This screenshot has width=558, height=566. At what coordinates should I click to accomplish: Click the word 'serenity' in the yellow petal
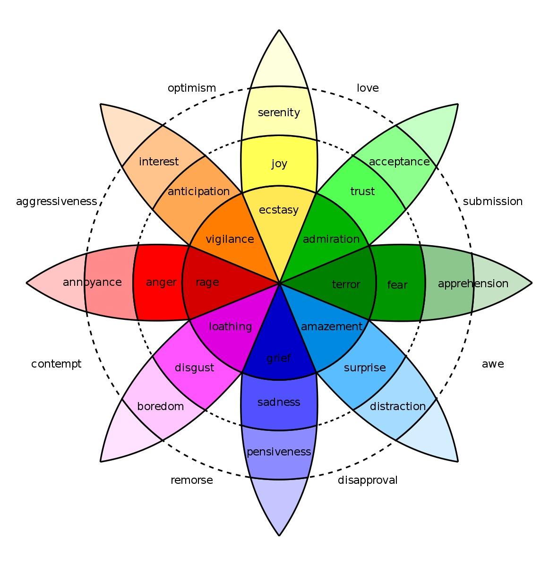pyautogui.click(x=279, y=112)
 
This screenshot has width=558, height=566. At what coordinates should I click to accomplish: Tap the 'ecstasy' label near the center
pyautogui.click(x=279, y=209)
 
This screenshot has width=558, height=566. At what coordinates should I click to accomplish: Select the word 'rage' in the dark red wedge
pyautogui.click(x=207, y=283)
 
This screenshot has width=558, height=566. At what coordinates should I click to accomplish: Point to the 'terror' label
pyautogui.click(x=346, y=284)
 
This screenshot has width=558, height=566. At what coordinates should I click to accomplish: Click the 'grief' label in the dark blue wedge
pyautogui.click(x=279, y=358)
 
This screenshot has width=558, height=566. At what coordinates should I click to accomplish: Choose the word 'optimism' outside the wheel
pyautogui.click(x=192, y=88)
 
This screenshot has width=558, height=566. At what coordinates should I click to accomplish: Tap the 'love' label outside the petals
pyautogui.click(x=368, y=88)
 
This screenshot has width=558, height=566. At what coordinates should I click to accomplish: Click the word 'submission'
pyautogui.click(x=492, y=202)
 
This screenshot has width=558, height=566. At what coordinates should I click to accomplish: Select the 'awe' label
pyautogui.click(x=493, y=364)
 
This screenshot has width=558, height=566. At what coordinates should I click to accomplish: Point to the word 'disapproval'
pyautogui.click(x=368, y=480)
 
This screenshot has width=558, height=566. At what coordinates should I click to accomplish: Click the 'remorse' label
pyautogui.click(x=191, y=480)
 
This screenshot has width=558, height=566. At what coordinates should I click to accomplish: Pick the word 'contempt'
pyautogui.click(x=56, y=364)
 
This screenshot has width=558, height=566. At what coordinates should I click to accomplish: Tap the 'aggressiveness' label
pyautogui.click(x=56, y=202)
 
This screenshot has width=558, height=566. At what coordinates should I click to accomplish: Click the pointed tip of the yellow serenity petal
pyautogui.click(x=279, y=31)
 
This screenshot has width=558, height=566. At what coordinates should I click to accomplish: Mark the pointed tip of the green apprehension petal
pyautogui.click(x=531, y=283)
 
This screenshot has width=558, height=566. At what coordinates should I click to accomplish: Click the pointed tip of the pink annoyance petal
pyautogui.click(x=27, y=283)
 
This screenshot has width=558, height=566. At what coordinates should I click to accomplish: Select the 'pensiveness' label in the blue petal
pyautogui.click(x=279, y=452)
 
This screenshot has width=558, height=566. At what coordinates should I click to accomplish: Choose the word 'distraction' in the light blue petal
pyautogui.click(x=398, y=406)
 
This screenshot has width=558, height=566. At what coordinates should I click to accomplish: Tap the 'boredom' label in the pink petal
pyautogui.click(x=160, y=406)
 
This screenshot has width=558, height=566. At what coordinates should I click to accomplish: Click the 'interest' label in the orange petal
pyautogui.click(x=159, y=162)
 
